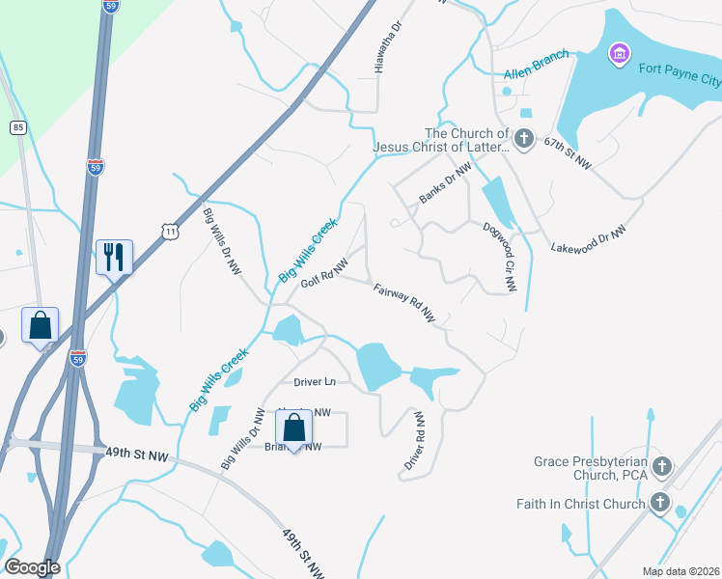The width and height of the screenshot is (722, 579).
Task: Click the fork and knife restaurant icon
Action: pyautogui.click(x=114, y=257)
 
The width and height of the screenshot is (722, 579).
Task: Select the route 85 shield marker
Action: pyautogui.click(x=17, y=126)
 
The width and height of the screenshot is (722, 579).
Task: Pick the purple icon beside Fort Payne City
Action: pyautogui.click(x=619, y=53)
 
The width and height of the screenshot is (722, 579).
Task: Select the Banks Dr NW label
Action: pyautogui.click(x=445, y=182)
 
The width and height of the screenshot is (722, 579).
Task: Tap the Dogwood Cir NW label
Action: pyautogui.click(x=500, y=257)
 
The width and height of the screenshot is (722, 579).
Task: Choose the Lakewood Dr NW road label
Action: pyautogui.click(x=589, y=239)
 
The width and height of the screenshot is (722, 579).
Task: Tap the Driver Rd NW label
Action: pyautogui.click(x=415, y=442)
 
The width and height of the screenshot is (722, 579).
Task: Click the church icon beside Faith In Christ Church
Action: pyautogui.click(x=660, y=503)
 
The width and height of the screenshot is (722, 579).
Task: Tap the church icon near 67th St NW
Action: pyautogui.click(x=523, y=139)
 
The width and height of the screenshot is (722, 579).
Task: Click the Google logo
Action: pyautogui.click(x=32, y=567)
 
